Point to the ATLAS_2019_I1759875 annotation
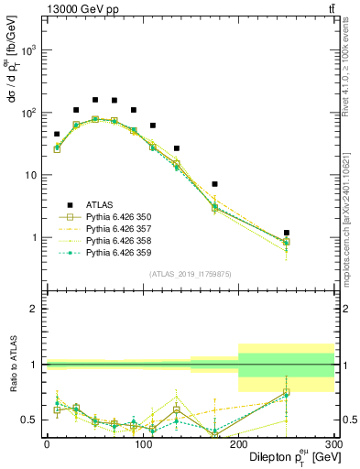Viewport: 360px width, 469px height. pyautogui.click(x=190, y=273)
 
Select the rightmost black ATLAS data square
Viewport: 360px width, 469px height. pyautogui.click(x=287, y=233)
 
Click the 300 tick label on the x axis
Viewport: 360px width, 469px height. pyautogui.click(x=333, y=444)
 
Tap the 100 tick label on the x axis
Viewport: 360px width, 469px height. pyautogui.click(x=142, y=444)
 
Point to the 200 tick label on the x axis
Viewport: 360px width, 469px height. pyautogui.click(x=238, y=444)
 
